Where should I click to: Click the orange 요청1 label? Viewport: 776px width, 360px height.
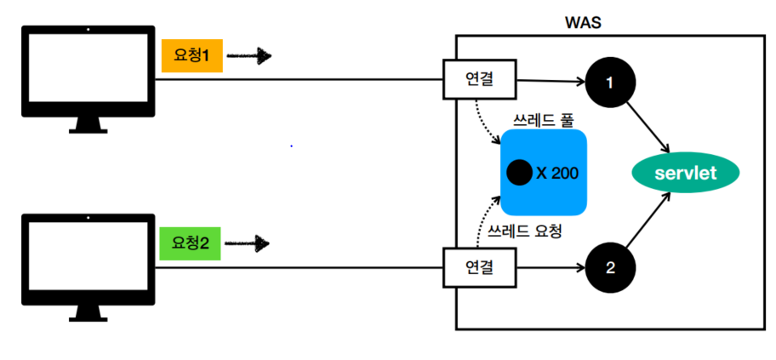(x=192, y=56)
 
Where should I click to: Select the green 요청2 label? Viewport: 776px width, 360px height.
(x=190, y=243)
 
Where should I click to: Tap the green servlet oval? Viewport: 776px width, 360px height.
(x=686, y=174)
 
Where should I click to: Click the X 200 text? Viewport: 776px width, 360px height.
(x=557, y=173)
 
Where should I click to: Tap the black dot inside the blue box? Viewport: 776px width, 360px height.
(x=518, y=173)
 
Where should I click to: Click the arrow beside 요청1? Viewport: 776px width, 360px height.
(x=249, y=57)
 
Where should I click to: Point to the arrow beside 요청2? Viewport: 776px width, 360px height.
(x=249, y=244)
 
